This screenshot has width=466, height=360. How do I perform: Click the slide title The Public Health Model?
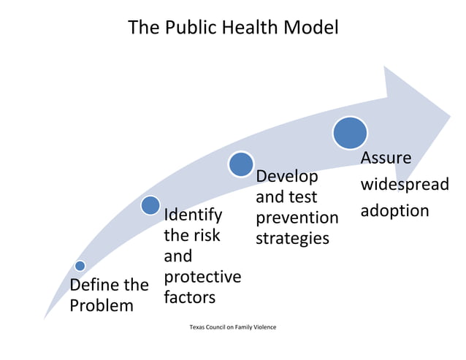coord(233,28)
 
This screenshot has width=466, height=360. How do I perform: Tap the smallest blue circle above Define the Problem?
coord(80,266)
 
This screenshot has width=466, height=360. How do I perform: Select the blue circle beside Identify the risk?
coord(150,205)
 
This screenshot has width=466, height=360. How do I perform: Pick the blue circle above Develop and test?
coord(241,164)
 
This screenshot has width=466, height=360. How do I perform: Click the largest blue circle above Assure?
coord(350,133)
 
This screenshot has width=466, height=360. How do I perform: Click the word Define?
coord(93,284)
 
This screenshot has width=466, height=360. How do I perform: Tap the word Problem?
coord(102,305)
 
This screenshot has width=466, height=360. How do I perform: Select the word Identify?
coord(193,215)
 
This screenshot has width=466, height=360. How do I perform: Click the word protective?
coord(202,277)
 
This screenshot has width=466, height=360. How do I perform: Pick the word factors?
coord(189,297)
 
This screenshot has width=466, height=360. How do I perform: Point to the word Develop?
coord(287,177)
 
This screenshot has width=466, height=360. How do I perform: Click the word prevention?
coord(297,218)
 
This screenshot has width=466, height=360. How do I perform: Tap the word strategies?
coord(292,239)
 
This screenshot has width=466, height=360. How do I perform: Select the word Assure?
coord(386,158)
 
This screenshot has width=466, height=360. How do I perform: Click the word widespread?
coord(404,184)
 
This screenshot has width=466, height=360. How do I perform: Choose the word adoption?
coord(394,210)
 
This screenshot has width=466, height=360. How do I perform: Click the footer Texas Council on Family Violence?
coord(232,326)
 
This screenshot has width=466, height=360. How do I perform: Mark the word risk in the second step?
coord(206,236)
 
